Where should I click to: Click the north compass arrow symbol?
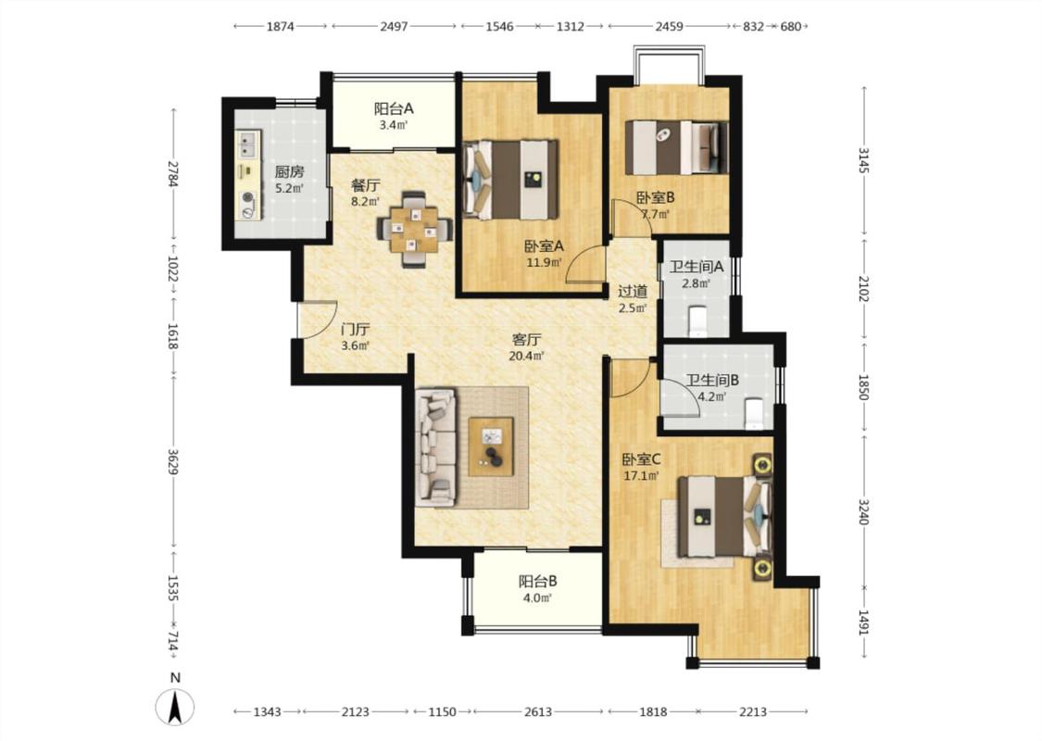point(175,707)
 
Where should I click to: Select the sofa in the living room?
point(436,446)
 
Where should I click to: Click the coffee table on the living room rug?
point(491,446)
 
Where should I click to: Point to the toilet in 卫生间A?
point(697,320)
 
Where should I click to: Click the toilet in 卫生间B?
point(754,413)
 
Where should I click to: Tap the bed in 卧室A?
point(510,180)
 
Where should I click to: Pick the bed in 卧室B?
point(676,147)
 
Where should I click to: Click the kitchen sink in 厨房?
point(248,143)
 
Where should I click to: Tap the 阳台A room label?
point(394,108)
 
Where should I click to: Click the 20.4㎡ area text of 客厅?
point(526,357)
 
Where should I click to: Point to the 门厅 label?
point(355,330)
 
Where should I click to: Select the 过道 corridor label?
point(632,291)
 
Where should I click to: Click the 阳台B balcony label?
point(537,583)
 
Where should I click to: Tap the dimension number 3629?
point(173,461)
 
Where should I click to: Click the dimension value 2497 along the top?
point(394,27)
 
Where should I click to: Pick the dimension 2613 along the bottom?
point(537,711)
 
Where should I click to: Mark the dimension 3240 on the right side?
point(863,511)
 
